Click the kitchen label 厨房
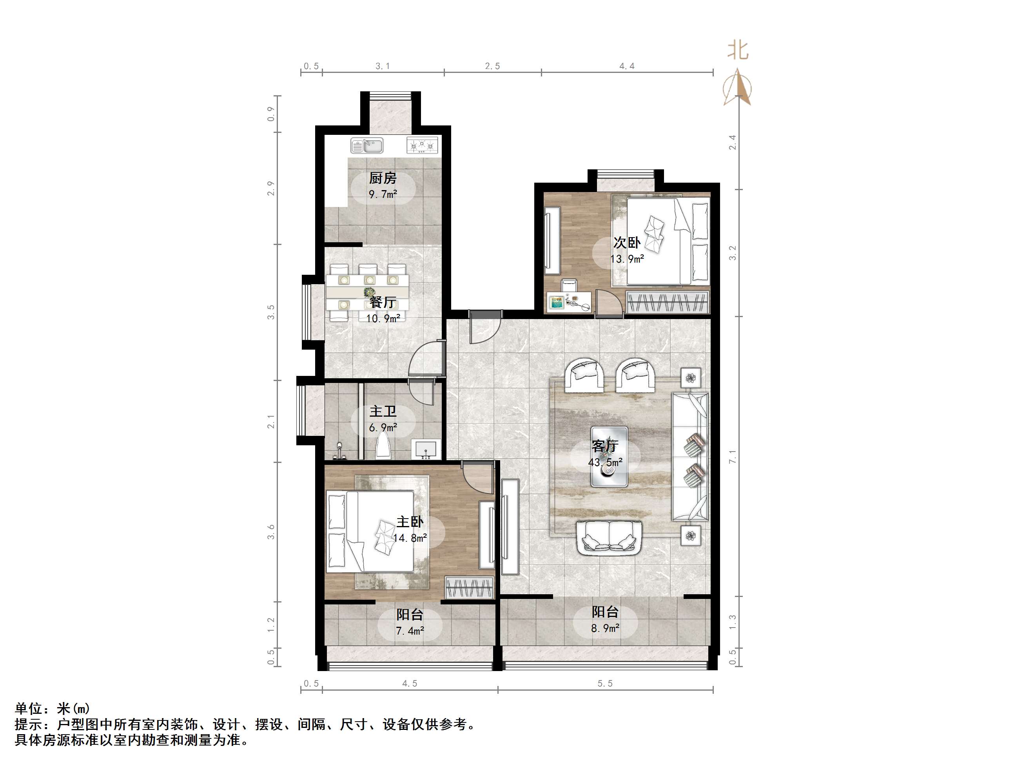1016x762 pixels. click(x=382, y=178)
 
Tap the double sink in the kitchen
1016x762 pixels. click(x=366, y=145)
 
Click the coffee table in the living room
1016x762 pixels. click(x=609, y=457)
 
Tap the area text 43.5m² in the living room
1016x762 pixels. click(x=605, y=462)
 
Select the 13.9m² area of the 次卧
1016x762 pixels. click(x=627, y=259)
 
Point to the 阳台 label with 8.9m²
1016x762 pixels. click(x=605, y=612)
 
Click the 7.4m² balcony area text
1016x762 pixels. click(x=410, y=631)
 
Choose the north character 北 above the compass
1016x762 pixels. click(x=738, y=50)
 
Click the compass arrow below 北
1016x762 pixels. click(x=737, y=87)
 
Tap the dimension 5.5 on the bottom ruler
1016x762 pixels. click(x=605, y=684)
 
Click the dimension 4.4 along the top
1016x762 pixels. click(x=626, y=66)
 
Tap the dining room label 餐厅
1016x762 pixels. click(x=383, y=302)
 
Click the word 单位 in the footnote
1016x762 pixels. click(x=29, y=709)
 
